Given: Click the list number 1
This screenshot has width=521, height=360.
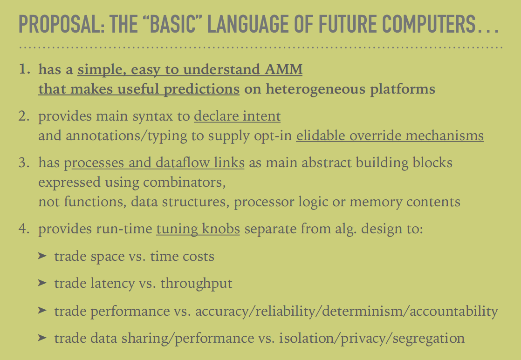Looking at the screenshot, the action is tap(25, 69).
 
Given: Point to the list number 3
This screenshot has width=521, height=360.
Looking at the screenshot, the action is tap(24, 163).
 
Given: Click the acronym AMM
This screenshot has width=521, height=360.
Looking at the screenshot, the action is tap(283, 69).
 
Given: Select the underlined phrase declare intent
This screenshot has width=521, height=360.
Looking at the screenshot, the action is tap(237, 116).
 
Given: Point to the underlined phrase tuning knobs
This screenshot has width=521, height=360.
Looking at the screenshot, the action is tap(198, 229).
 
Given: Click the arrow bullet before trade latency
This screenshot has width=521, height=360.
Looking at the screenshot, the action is tap(42, 283).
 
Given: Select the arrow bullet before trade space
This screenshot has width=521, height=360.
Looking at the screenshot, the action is tap(42, 256).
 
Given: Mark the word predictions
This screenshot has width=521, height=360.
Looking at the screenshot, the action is tap(202, 89).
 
